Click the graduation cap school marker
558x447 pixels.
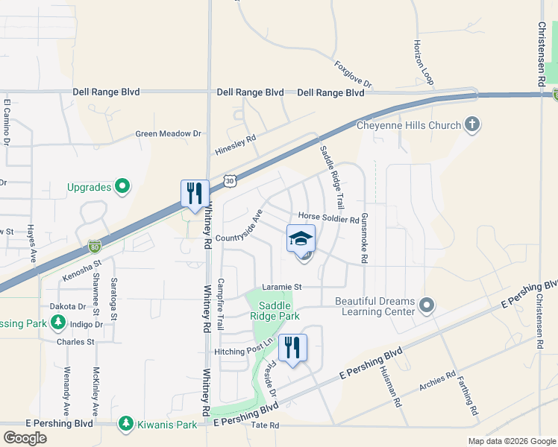coord(301,238)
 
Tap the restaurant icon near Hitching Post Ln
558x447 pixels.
coord(292,347)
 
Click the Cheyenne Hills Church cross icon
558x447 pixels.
coord(471,124)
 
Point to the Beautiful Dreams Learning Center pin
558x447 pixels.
coord(427,305)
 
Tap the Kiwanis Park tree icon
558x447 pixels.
coord(126,425)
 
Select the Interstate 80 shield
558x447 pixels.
coord(94,245)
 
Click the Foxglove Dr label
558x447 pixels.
coord(352,74)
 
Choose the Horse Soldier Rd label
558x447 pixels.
coord(329,218)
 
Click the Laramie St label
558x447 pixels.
coord(281,287)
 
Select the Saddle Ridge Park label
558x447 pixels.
coord(279,311)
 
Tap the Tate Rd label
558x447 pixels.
coord(265,425)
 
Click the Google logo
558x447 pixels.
coord(25,438)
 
